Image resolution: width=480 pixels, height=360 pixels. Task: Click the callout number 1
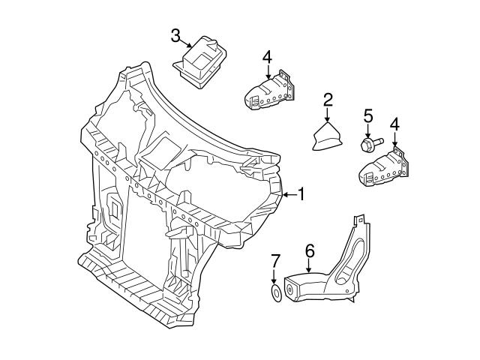pyautogui.click(x=301, y=195)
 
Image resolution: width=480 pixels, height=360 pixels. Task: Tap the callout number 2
pyautogui.click(x=328, y=100)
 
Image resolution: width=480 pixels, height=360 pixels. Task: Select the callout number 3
pyautogui.click(x=175, y=35)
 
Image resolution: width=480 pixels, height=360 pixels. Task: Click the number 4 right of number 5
pyautogui.click(x=394, y=124)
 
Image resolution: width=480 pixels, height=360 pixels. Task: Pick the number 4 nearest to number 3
pyautogui.click(x=268, y=57)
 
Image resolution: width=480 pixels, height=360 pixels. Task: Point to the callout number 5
pyautogui.click(x=368, y=115)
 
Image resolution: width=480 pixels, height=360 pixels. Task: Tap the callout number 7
pyautogui.click(x=275, y=261)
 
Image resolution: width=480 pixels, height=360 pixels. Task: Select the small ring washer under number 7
pyautogui.click(x=275, y=293)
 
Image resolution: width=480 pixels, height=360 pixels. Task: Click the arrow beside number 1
pyautogui.click(x=288, y=195)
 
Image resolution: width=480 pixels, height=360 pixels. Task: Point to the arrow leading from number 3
pyautogui.click(x=187, y=43)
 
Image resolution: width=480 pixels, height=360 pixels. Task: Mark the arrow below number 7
pyautogui.click(x=275, y=277)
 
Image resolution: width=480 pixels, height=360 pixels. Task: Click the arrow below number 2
pyautogui.click(x=328, y=115)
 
